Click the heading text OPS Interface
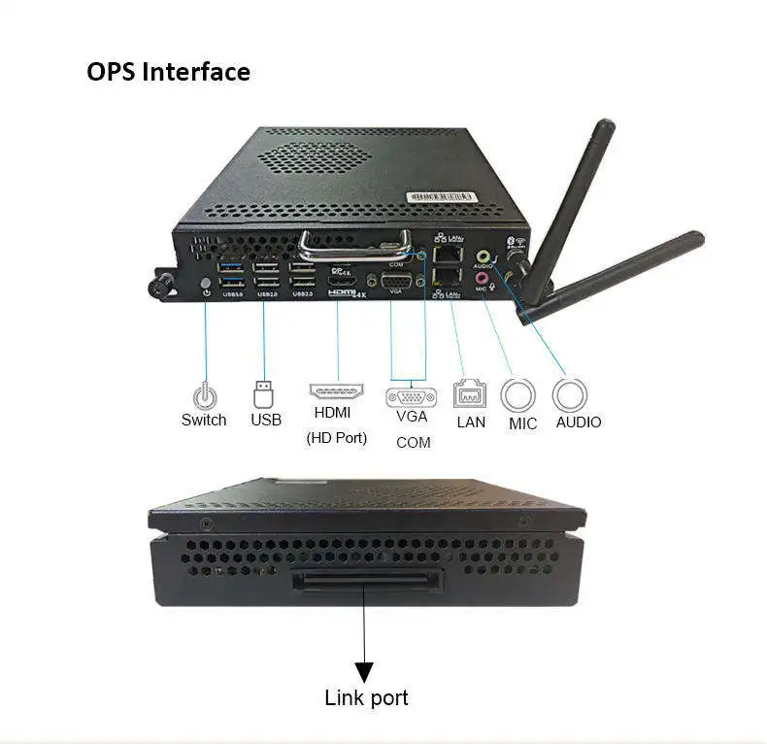[x=168, y=72]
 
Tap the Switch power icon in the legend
[x=204, y=396]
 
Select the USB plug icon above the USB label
[x=264, y=393]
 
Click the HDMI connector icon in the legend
[x=337, y=392]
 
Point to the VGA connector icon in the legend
[x=412, y=396]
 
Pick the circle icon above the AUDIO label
[x=570, y=394]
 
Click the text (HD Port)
[x=337, y=438]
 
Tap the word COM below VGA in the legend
[x=413, y=443]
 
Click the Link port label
[x=366, y=697]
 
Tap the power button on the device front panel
[x=205, y=287]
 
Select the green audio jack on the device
[x=483, y=258]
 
